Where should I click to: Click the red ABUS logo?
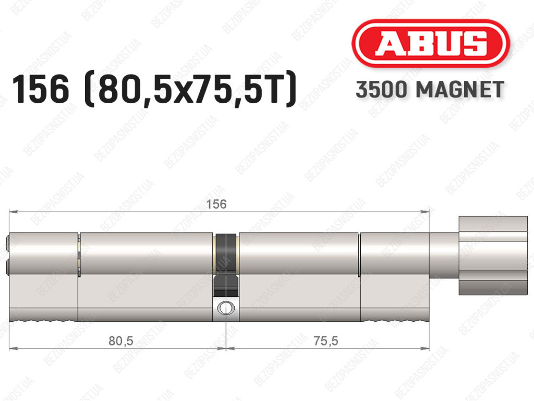click(430, 43)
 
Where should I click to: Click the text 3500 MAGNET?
click(430, 90)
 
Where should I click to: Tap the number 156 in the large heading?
click(41, 89)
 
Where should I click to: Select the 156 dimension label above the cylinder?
click(216, 204)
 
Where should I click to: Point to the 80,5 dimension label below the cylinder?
click(121, 341)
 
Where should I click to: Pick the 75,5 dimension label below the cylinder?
click(326, 341)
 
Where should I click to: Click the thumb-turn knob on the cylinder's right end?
click(493, 256)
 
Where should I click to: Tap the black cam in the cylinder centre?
click(225, 265)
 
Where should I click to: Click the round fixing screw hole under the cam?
click(225, 308)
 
